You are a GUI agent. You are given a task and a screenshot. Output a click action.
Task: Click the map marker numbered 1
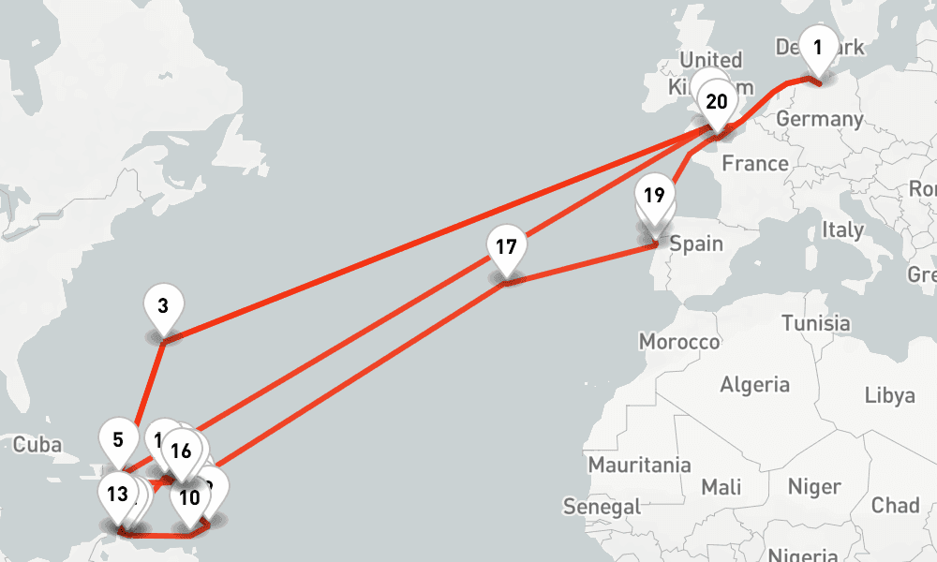[818, 47]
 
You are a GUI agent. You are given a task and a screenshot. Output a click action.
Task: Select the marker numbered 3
[164, 305]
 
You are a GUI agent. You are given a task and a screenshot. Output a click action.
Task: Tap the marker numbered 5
[117, 439]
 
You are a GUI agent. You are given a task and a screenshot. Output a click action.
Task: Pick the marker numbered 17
[506, 248]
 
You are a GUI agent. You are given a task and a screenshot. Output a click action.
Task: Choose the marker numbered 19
[655, 197]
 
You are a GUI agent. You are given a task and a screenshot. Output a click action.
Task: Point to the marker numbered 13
[117, 494]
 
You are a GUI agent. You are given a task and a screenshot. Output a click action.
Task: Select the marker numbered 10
[190, 498]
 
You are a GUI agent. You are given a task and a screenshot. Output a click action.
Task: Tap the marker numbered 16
[181, 451]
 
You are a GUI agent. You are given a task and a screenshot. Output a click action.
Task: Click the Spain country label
[696, 244]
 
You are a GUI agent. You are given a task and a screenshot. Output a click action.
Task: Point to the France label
[755, 164]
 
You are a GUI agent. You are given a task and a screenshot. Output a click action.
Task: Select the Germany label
[819, 120]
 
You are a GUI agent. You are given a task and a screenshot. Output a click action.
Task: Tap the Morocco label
[679, 342]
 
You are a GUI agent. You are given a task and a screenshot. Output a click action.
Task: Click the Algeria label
[754, 384]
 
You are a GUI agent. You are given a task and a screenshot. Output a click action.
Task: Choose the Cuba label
[37, 444]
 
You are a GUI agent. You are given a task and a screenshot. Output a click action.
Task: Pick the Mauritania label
[639, 465]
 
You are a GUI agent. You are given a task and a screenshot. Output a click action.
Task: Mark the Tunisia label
[815, 323]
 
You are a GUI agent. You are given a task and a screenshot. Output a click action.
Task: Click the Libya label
[889, 395]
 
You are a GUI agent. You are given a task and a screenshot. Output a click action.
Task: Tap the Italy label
[842, 229]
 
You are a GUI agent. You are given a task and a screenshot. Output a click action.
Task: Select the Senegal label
[602, 507]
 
